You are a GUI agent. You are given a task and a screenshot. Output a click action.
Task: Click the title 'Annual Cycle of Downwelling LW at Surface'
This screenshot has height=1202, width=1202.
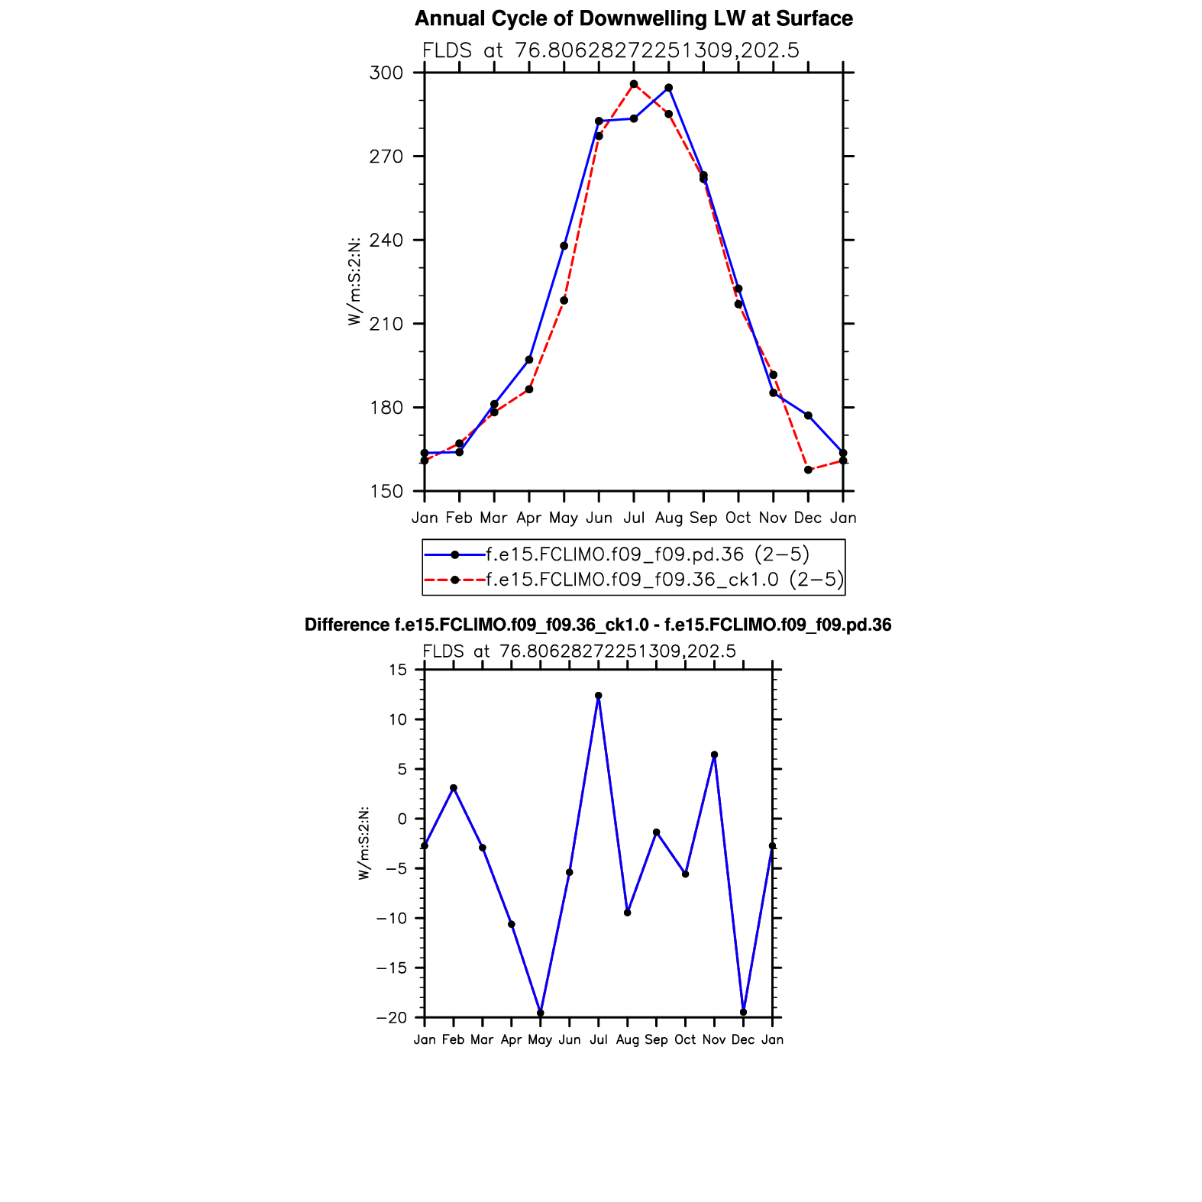(633, 19)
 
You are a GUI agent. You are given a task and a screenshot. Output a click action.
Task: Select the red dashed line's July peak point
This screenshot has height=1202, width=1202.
(634, 84)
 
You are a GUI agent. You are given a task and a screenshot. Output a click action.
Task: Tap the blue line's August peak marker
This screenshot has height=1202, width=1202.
(669, 88)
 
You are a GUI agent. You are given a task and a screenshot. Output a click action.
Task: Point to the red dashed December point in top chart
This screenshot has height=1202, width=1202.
(808, 470)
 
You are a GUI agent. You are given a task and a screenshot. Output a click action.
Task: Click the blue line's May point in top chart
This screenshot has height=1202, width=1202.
(564, 246)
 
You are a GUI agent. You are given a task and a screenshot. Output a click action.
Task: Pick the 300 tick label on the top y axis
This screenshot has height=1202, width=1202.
(386, 73)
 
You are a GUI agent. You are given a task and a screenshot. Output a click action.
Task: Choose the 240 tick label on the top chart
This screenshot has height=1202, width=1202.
(386, 241)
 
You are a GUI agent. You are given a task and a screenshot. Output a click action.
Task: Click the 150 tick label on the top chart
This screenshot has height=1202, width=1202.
(386, 492)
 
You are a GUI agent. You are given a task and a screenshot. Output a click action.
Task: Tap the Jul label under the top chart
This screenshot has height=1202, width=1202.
(634, 518)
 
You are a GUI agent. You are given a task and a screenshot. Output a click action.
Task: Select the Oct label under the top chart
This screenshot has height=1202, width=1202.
(738, 518)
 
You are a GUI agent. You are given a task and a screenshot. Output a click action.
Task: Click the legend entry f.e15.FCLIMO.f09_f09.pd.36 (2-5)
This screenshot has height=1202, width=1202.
(647, 554)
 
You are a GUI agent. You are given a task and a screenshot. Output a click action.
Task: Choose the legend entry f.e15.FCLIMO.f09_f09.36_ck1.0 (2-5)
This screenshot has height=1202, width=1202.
(664, 580)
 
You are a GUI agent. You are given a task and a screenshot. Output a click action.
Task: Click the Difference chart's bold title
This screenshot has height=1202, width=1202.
(598, 625)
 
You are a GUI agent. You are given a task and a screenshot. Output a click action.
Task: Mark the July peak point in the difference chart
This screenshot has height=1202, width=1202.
(599, 696)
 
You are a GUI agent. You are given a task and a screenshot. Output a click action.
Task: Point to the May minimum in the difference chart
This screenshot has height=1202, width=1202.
(541, 1013)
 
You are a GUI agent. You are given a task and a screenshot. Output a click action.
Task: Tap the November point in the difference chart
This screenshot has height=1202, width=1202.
(714, 754)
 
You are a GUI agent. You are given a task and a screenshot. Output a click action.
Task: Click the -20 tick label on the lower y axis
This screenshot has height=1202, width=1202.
(392, 1018)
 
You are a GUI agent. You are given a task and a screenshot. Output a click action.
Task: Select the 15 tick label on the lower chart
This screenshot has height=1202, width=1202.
(399, 670)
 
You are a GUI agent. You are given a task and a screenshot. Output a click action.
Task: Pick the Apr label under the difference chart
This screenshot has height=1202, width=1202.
(511, 1040)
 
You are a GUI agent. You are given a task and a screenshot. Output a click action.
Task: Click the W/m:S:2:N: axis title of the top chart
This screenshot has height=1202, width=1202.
(354, 281)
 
